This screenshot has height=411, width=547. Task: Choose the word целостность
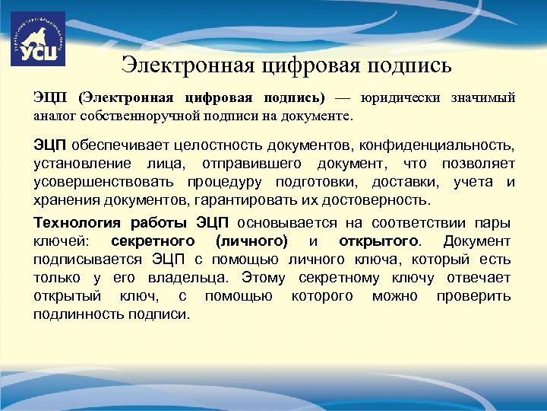pos(210,145)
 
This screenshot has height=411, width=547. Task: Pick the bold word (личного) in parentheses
pos(251,241)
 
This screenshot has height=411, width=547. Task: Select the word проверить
pos(473,296)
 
